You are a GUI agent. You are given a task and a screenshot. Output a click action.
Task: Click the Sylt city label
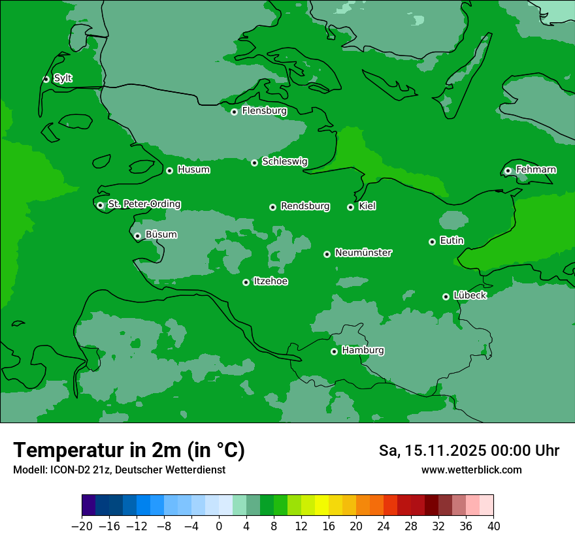point(63,78)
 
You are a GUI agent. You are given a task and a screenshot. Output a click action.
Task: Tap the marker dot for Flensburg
point(234,112)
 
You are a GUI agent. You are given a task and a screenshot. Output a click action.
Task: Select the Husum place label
point(193,170)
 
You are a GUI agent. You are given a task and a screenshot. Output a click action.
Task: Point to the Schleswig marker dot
point(254,163)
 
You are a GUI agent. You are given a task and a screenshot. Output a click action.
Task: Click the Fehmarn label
point(536,170)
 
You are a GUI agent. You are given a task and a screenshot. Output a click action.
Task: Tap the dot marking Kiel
point(350,207)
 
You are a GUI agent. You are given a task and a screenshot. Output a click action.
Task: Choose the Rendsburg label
point(304,206)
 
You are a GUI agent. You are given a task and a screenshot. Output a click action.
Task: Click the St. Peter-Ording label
point(144,204)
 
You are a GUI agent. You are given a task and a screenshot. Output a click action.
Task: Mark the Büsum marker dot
point(137,236)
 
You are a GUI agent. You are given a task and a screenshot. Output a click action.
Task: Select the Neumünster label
point(363,253)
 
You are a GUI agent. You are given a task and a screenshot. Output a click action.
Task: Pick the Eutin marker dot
point(432,242)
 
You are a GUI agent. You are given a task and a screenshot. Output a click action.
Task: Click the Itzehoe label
point(271,281)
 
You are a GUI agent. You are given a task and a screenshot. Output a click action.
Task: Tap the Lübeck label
point(469,295)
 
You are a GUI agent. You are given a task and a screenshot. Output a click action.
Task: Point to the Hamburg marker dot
point(334,351)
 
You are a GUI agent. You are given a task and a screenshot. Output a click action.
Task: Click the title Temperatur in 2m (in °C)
point(129,450)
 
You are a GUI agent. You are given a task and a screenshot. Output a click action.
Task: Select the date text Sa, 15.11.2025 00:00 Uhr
point(468,451)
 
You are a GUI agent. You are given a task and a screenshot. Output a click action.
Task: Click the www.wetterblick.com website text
point(471,470)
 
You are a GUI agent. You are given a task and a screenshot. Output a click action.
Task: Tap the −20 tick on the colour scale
point(82,526)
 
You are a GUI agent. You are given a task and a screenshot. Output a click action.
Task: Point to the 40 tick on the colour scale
point(493,526)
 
